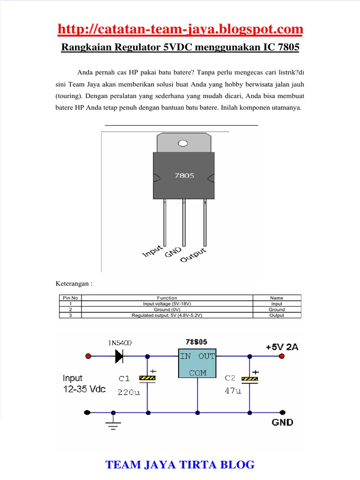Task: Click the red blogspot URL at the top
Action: [x=180, y=29]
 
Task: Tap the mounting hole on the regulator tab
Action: [x=183, y=143]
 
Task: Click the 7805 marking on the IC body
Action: [x=184, y=175]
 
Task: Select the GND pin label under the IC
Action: [x=173, y=252]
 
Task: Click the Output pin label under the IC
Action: [x=193, y=255]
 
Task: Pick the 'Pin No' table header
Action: [x=70, y=298]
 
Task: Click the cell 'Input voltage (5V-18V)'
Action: [x=167, y=304]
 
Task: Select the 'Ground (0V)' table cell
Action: [x=167, y=309]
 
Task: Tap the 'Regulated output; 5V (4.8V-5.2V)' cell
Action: [x=167, y=315]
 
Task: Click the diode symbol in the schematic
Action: [x=119, y=356]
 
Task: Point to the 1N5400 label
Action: [x=120, y=343]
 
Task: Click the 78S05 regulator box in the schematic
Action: [x=197, y=363]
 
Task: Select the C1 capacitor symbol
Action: [x=147, y=378]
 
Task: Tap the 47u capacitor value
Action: [x=233, y=391]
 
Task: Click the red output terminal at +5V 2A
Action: [x=282, y=356]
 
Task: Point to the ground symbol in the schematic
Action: [x=113, y=424]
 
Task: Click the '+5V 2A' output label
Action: [x=282, y=347]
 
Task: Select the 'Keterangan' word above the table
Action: [x=72, y=284]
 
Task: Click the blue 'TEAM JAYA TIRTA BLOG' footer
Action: [x=180, y=465]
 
